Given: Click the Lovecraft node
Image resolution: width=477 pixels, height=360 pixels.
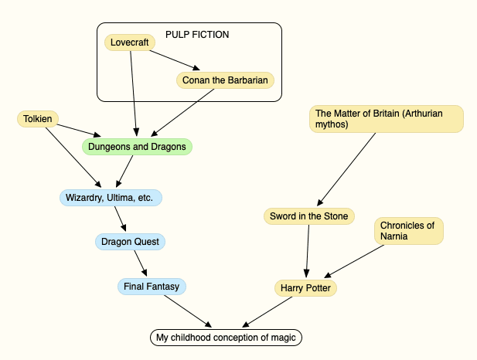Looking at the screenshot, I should tap(129, 42).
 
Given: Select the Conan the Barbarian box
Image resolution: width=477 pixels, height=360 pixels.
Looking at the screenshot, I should tap(225, 80).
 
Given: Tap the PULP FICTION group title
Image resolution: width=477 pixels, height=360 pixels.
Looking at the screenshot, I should tap(197, 35).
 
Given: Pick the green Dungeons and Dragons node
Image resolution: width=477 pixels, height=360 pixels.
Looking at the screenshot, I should tap(137, 146).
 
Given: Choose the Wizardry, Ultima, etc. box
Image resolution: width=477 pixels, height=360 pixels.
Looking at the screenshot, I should tap(111, 198).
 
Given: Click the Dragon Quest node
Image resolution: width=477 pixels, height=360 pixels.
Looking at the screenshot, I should tap(130, 242).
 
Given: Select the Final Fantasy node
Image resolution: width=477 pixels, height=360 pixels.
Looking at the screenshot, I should tap(151, 287).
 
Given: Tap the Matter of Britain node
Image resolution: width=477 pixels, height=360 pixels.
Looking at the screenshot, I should tap(386, 118).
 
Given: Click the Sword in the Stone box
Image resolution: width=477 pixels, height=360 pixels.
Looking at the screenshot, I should tap(309, 216).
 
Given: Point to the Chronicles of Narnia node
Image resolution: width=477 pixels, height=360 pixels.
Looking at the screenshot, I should tap(409, 231).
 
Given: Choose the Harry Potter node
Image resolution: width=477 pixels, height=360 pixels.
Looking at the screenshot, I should tap(306, 288).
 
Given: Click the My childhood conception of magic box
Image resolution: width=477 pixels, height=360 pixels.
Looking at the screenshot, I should tap(225, 338).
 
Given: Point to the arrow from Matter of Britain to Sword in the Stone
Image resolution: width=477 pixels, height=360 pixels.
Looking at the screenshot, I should tap(347, 170).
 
